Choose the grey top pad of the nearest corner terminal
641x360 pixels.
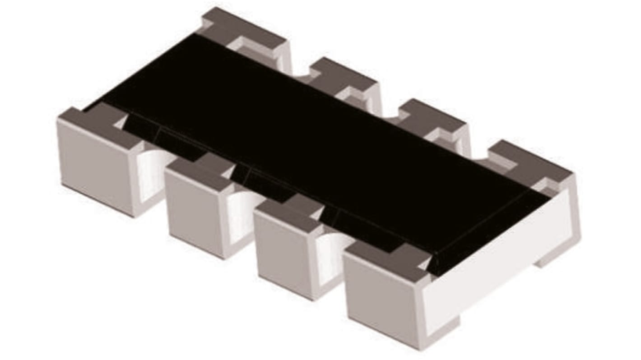coord(388,257)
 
